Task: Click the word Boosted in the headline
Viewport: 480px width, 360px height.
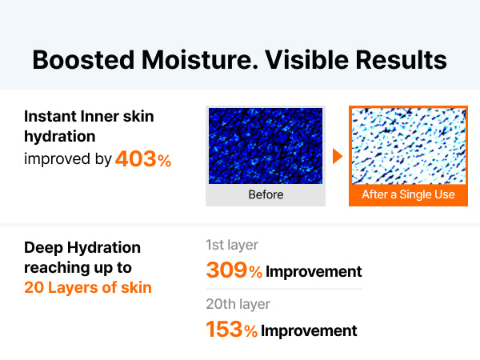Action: tap(83, 59)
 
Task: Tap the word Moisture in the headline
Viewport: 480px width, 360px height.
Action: tap(200, 59)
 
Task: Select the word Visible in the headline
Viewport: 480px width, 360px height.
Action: tap(306, 59)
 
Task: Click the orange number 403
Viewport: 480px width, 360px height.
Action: tap(136, 159)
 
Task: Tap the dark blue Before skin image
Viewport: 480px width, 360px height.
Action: tap(266, 146)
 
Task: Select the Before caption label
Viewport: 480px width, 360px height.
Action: tap(266, 194)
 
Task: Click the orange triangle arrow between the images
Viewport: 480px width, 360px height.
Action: tap(338, 156)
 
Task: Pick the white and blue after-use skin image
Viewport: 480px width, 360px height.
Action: tap(409, 146)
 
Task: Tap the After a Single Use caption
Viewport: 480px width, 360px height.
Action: tap(408, 194)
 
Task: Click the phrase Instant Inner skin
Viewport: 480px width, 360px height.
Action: tap(89, 116)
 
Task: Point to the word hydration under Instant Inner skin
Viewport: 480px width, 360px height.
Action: tap(60, 136)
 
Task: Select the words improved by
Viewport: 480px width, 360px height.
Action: tap(68, 159)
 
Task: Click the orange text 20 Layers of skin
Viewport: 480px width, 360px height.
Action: tap(88, 287)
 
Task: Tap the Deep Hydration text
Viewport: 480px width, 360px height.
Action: tap(82, 248)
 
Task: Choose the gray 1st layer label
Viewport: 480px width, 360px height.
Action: tap(232, 245)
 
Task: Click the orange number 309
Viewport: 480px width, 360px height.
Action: tap(227, 270)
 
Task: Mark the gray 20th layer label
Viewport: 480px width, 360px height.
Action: tap(238, 304)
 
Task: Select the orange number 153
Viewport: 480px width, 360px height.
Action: tap(224, 330)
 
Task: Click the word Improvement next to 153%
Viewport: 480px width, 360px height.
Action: tap(309, 331)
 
